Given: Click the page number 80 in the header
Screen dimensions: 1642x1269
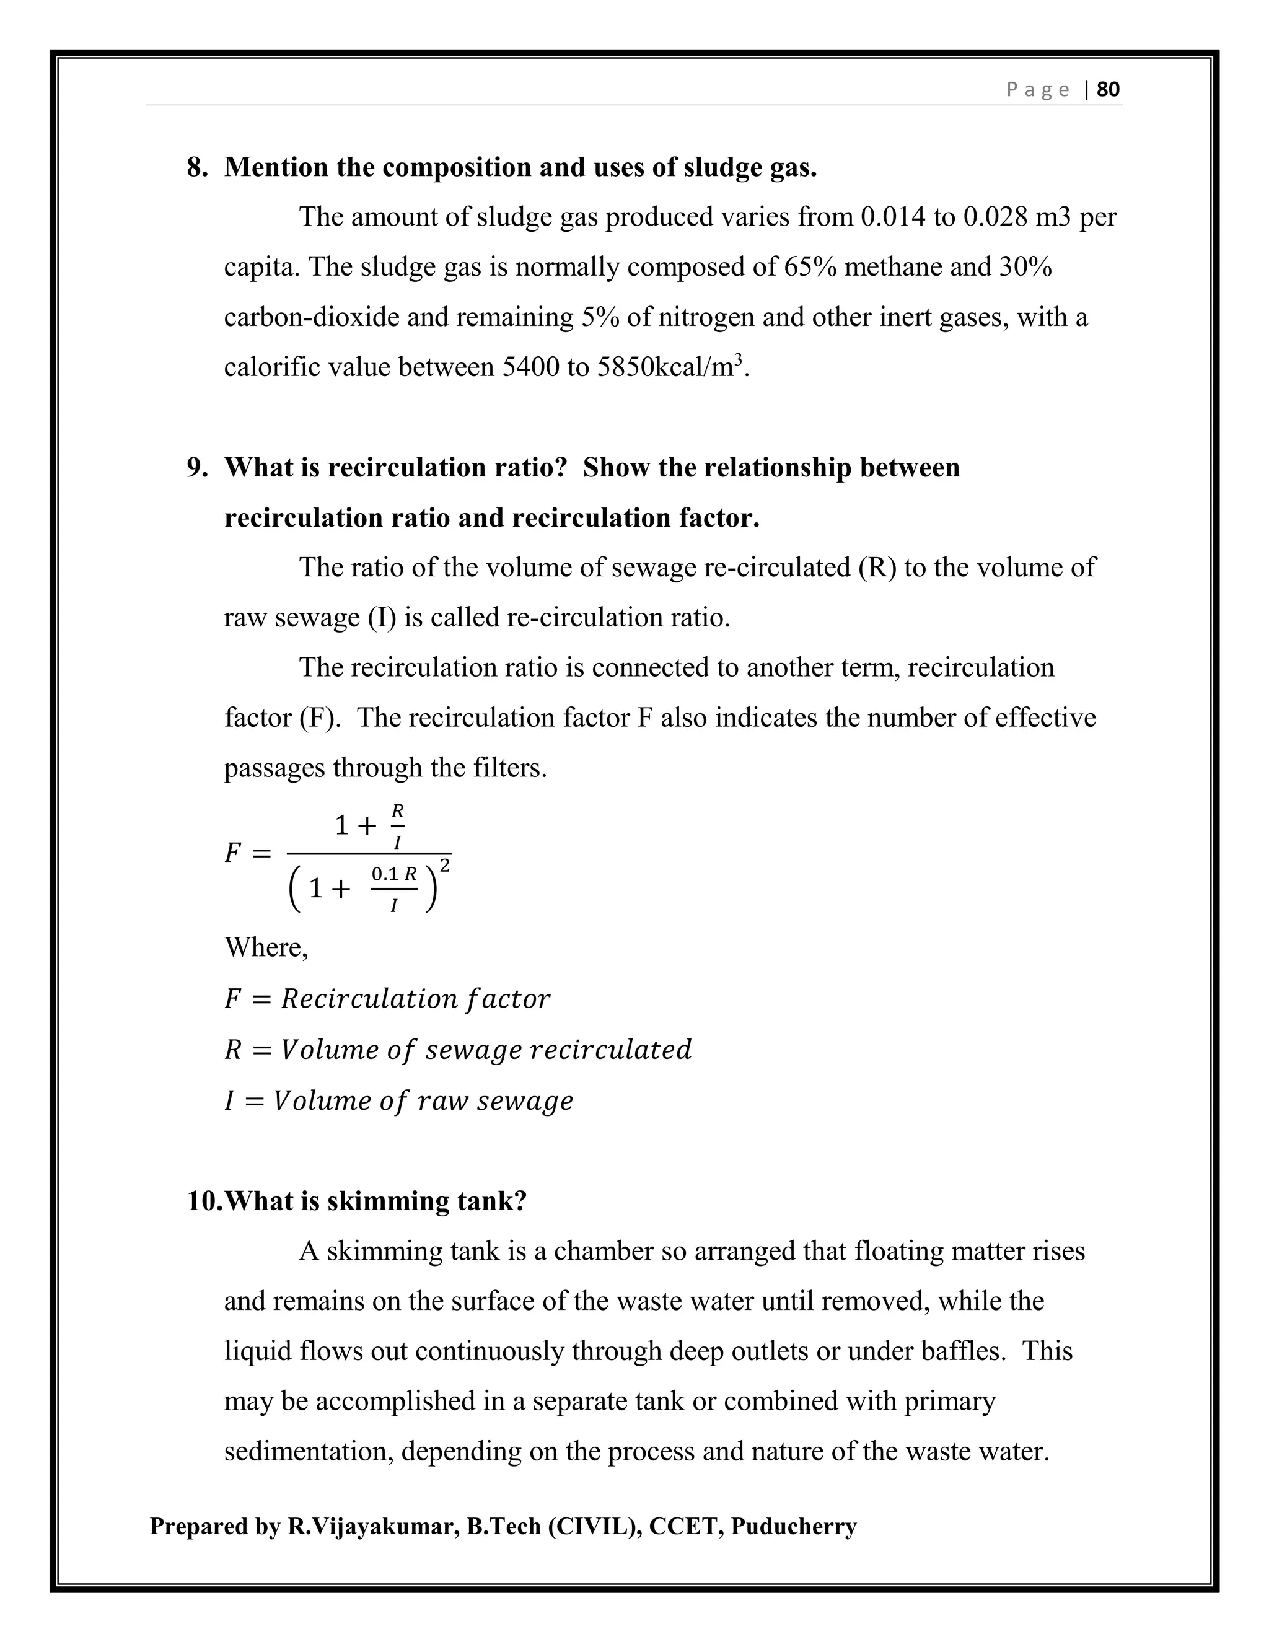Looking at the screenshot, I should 1108,89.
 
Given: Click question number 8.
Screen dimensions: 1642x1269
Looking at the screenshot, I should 197,167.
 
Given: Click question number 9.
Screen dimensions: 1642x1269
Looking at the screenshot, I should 197,468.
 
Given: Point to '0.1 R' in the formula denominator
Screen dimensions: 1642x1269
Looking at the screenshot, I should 394,874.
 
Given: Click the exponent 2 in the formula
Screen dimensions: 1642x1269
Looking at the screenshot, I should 445,866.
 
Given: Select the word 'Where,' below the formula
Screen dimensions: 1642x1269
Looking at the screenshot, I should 266,947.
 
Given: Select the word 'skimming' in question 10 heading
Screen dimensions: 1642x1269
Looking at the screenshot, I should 385,1201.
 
